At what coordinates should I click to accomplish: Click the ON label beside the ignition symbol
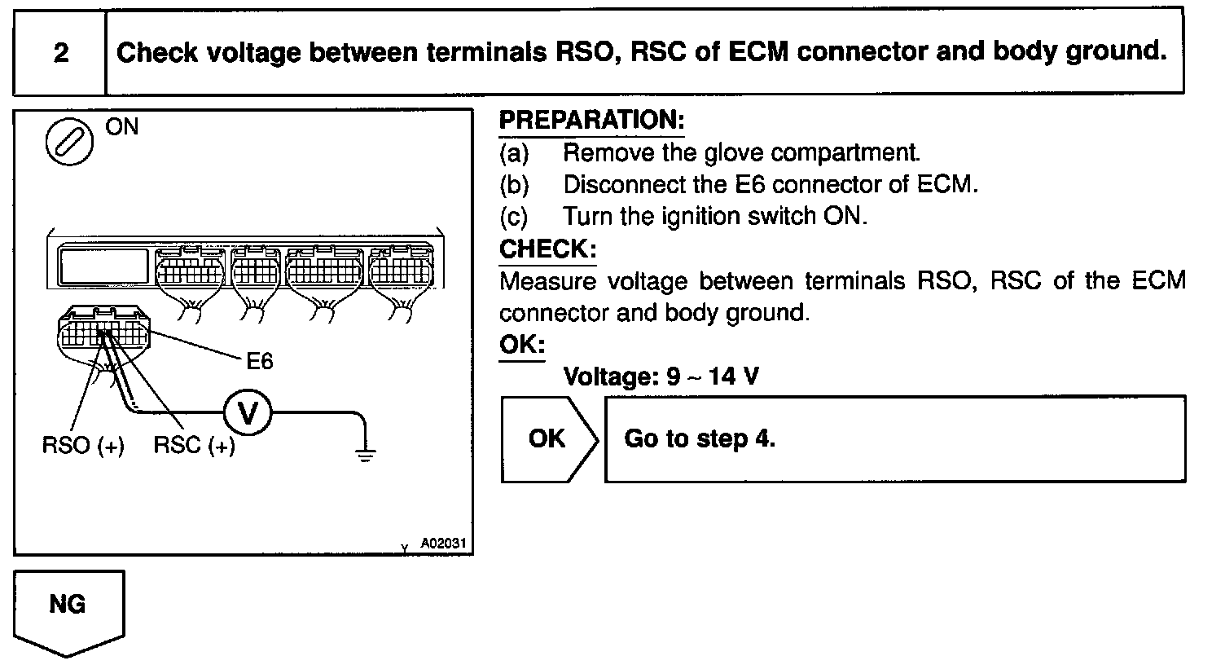click(x=122, y=127)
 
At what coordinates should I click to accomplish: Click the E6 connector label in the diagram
click(x=259, y=360)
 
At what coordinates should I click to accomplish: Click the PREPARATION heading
click(x=591, y=121)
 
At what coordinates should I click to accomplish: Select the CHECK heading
click(x=547, y=249)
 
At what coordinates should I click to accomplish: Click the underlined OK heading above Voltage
click(x=521, y=345)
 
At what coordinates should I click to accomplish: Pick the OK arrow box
click(x=547, y=439)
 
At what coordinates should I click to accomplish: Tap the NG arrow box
click(x=68, y=607)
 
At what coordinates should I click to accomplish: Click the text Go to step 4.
click(x=699, y=439)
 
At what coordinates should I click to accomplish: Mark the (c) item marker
click(x=514, y=217)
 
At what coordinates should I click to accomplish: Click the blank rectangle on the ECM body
click(x=104, y=266)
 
